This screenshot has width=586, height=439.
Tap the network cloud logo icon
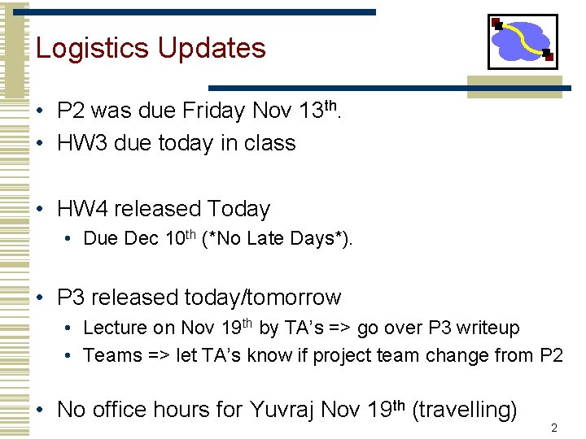523,41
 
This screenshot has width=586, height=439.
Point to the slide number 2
553,428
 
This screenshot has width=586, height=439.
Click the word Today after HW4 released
238,210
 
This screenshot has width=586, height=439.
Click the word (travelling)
465,411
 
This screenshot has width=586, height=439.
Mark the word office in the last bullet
119,411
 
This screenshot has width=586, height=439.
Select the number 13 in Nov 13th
308,111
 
